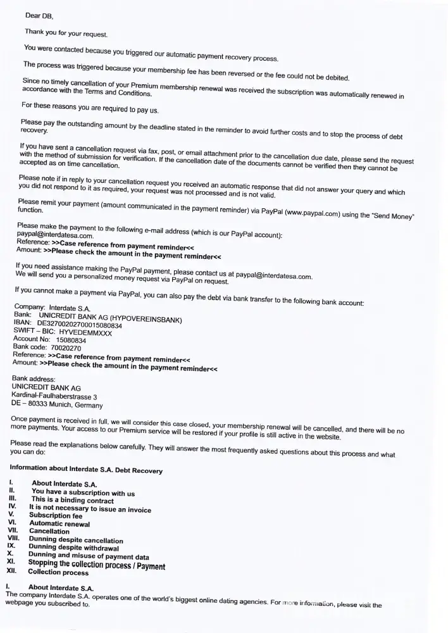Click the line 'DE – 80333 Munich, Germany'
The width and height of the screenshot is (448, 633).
pyautogui.click(x=57, y=404)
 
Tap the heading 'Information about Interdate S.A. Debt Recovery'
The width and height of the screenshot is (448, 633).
pyautogui.click(x=86, y=470)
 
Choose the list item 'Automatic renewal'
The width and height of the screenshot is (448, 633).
pyautogui.click(x=59, y=523)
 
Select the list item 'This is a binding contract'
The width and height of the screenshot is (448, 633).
pyautogui.click(x=73, y=499)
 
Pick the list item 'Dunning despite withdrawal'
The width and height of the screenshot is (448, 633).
pyautogui.click(x=74, y=548)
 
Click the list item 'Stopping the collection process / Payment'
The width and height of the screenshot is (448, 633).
pyautogui.click(x=97, y=565)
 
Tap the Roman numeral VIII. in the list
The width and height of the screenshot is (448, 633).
pyautogui.click(x=13, y=539)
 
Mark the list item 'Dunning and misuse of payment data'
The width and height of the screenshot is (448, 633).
pyautogui.click(x=89, y=556)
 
